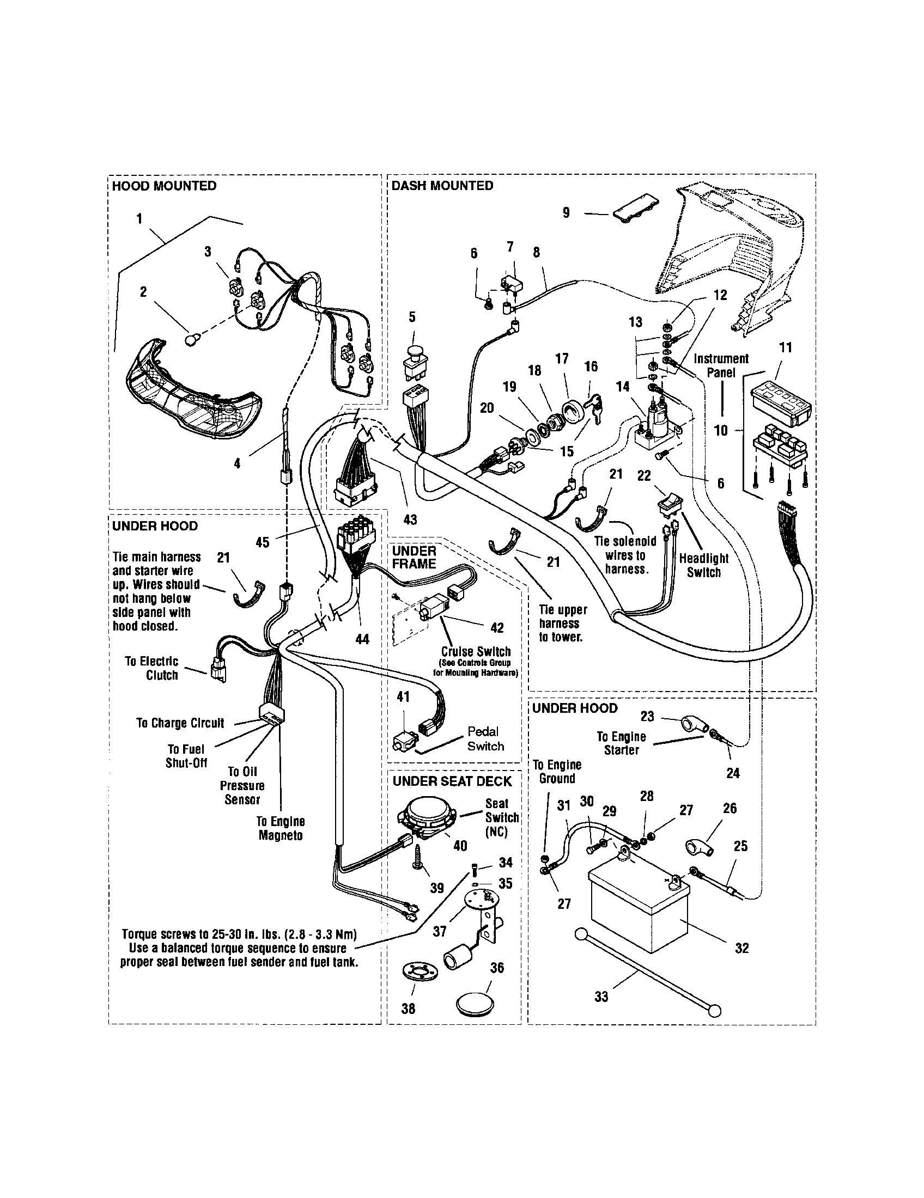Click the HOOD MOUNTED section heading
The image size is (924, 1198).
(x=164, y=186)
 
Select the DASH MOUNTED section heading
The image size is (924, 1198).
(x=442, y=186)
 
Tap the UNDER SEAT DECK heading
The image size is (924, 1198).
(x=452, y=781)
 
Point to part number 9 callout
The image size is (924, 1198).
(x=566, y=213)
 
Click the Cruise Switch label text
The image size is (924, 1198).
(x=476, y=652)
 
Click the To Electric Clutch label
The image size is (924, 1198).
(x=152, y=668)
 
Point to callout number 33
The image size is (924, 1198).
(x=601, y=997)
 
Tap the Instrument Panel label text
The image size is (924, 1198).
(x=720, y=365)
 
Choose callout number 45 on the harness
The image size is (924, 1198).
(x=262, y=542)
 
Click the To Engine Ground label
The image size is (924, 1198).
(x=557, y=771)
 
